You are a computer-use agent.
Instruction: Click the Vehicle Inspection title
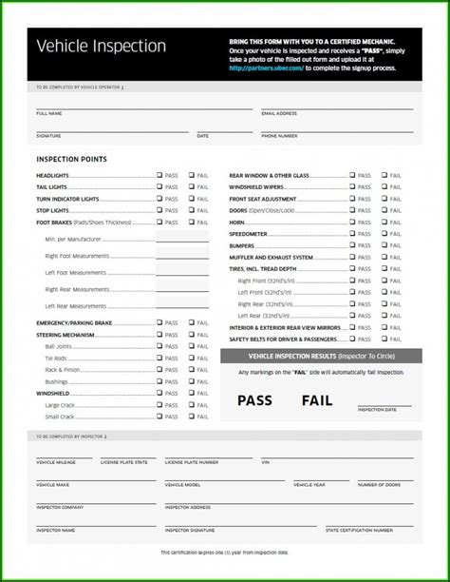coord(101,47)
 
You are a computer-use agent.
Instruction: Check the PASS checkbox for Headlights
coord(159,175)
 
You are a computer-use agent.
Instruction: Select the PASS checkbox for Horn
coord(352,222)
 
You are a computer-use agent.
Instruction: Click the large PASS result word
coord(255,400)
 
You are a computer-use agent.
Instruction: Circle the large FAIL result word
coord(317,400)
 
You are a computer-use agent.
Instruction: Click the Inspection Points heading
coord(71,159)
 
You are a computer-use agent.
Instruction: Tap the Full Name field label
coord(49,113)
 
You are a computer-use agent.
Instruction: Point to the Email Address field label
coord(279,113)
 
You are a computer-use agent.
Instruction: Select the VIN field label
coord(266,461)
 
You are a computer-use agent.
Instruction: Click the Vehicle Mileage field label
coord(55,461)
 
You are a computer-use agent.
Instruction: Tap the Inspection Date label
coord(377,409)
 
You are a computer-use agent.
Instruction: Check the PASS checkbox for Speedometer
coord(352,234)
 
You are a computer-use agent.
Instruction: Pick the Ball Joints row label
coord(58,346)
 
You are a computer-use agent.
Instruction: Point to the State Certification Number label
coord(359,530)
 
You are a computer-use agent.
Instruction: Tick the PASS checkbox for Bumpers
coord(352,245)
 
